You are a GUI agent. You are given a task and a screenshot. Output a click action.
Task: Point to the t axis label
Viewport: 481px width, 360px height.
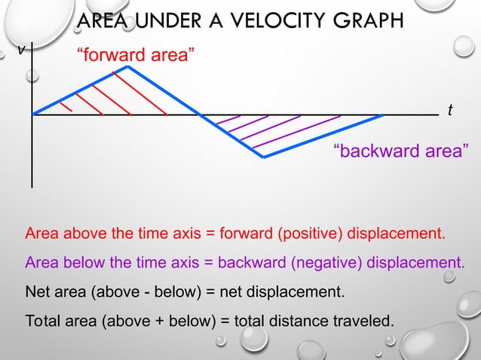coord(450,111)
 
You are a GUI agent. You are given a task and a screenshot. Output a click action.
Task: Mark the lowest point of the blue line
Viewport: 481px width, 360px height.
coord(263,157)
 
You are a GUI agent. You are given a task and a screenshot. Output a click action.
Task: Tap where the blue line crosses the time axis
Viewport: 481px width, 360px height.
coord(200,115)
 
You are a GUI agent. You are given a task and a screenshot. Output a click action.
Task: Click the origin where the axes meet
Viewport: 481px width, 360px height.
coord(32,115)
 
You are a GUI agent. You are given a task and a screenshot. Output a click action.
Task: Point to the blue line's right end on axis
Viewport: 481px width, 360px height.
coord(383,115)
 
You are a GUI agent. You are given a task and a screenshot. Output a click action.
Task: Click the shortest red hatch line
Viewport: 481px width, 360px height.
coord(66,106)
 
